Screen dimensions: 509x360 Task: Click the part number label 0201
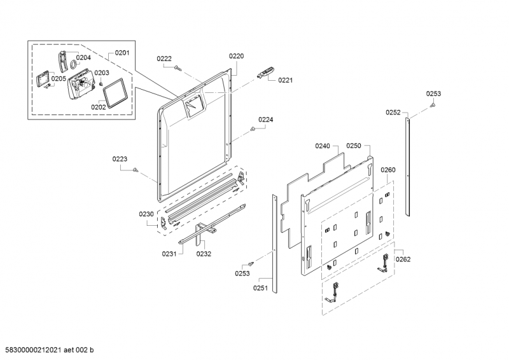[x=122, y=53]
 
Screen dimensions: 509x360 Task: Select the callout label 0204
[x=83, y=57]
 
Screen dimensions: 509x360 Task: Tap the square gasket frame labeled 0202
[x=115, y=92]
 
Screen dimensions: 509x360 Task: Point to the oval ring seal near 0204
[x=73, y=65]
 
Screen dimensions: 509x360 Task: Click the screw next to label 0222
[x=178, y=68]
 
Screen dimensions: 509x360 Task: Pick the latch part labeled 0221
[x=266, y=73]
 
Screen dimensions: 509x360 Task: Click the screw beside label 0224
[x=252, y=130]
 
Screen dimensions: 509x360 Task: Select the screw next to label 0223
[x=136, y=169]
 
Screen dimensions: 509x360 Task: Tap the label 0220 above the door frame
[x=236, y=56]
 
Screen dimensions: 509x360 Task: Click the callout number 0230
[x=146, y=214]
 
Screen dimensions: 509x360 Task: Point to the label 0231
[x=169, y=254]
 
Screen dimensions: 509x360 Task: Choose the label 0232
[x=204, y=254]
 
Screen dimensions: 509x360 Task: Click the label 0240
[x=323, y=146]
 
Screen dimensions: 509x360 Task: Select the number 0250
[x=354, y=146]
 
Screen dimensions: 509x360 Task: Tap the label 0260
[x=388, y=170]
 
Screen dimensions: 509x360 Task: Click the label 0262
[x=403, y=259]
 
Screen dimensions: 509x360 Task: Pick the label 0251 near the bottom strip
[x=260, y=287]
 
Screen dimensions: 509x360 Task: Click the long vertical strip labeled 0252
[x=407, y=167]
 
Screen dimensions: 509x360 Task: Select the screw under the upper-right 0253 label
[x=433, y=105]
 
